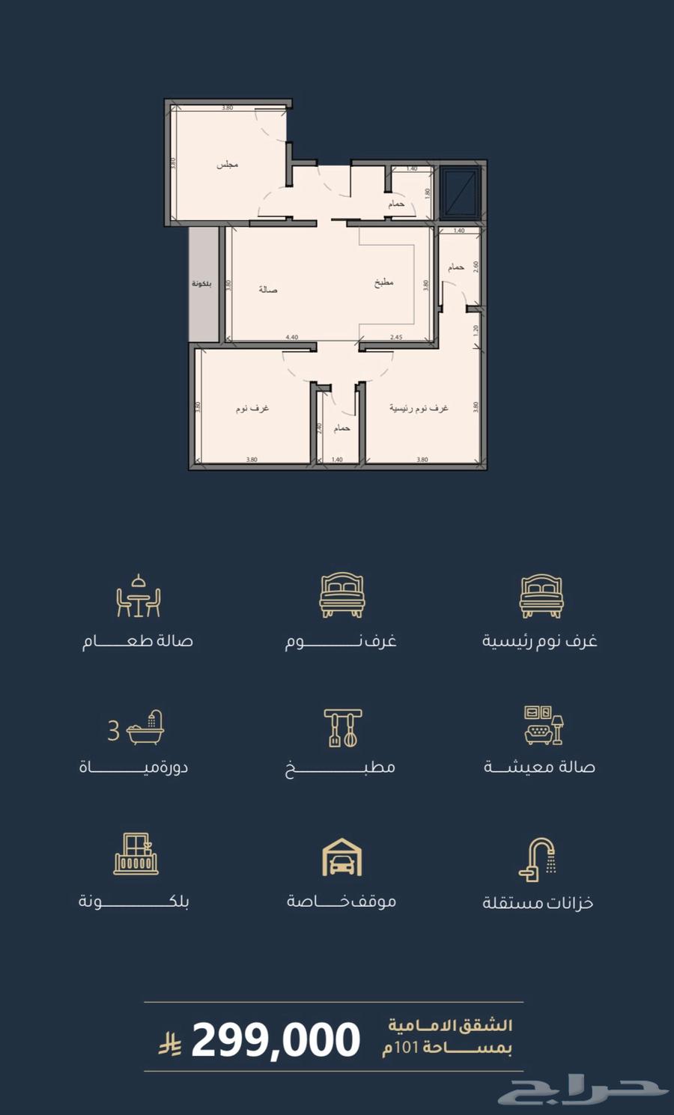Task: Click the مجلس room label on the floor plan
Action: click(x=227, y=164)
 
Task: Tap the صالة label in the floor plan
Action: click(x=268, y=289)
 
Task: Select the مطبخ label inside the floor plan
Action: click(x=384, y=283)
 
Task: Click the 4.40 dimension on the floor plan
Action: click(x=292, y=338)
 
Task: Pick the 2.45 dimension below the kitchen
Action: click(x=396, y=338)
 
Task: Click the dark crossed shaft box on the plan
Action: click(x=460, y=193)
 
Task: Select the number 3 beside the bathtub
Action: click(x=113, y=729)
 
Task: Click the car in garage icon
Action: click(x=341, y=857)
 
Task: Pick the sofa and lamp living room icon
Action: click(x=543, y=725)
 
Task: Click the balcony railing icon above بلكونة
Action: click(x=136, y=854)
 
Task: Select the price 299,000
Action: click(x=276, y=1040)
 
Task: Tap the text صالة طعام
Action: click(x=138, y=641)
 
